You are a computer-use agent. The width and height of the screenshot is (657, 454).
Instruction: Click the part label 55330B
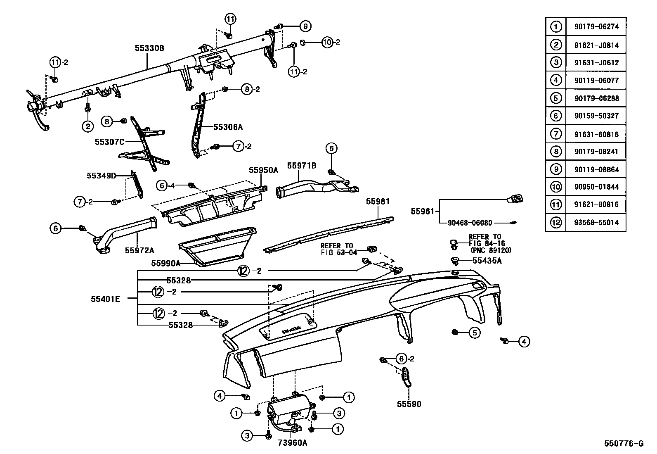point(149,48)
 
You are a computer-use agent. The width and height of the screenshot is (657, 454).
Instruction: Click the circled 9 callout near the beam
point(305,26)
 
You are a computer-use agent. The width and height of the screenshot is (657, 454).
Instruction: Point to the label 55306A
point(228,127)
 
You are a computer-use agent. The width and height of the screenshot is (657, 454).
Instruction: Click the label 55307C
point(109,142)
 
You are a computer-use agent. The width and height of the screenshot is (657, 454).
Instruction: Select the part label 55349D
point(101,176)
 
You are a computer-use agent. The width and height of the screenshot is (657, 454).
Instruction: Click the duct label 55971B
point(302,166)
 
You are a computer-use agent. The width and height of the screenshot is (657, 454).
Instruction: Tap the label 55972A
point(139,250)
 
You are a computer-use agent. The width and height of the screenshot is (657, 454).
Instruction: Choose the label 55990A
point(165,263)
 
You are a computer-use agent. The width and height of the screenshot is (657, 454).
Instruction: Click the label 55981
point(378,201)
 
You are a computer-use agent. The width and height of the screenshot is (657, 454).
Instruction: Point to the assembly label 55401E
point(106,299)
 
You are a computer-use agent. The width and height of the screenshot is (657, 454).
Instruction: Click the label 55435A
point(487,261)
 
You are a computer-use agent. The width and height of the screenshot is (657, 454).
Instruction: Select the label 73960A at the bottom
point(293,443)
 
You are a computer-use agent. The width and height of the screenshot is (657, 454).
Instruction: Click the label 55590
point(409,404)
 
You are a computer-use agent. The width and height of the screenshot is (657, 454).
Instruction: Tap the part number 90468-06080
point(470,223)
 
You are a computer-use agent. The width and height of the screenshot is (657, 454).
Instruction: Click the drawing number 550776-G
point(624,444)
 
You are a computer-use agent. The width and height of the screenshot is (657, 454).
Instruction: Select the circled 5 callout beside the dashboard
point(474,333)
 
